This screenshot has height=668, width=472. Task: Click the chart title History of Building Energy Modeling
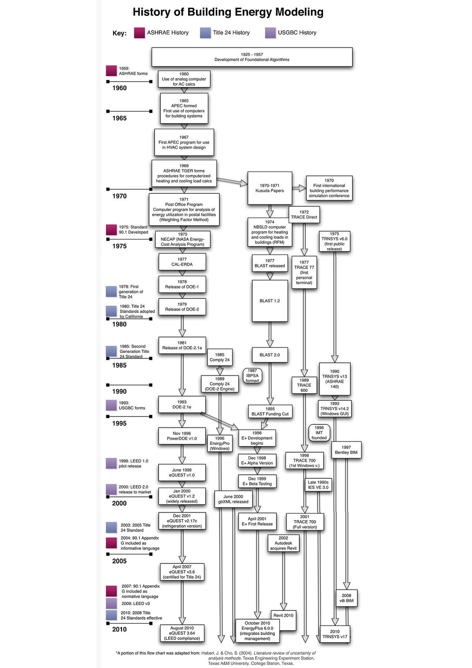coord(228,12)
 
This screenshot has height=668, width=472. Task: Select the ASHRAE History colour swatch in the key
coord(139,33)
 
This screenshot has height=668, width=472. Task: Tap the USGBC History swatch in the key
coord(270,33)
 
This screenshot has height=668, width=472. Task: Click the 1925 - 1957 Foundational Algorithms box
coord(252,57)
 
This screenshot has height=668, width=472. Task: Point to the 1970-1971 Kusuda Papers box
coord(269,188)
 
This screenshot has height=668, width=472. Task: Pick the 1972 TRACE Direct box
coord(304,215)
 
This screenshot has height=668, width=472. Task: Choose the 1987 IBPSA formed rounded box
coord(252,376)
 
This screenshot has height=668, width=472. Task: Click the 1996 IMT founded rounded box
coord(319,433)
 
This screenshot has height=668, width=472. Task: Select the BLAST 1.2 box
coord(270,301)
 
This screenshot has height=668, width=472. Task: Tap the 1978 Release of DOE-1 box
coord(182,284)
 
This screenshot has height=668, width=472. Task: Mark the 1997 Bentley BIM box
coord(346,450)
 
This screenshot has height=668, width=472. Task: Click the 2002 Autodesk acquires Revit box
coord(283,543)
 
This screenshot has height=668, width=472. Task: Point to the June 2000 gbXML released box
coord(233,499)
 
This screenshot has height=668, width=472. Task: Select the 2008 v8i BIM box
coord(346,598)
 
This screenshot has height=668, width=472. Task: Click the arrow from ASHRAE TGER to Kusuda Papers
coord(232,181)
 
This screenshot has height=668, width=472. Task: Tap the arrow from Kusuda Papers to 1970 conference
coord(299,188)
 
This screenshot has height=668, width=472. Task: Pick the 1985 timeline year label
coord(119,366)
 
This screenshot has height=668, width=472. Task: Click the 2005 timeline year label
coord(119,561)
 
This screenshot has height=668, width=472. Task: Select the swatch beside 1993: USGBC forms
coord(111,405)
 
